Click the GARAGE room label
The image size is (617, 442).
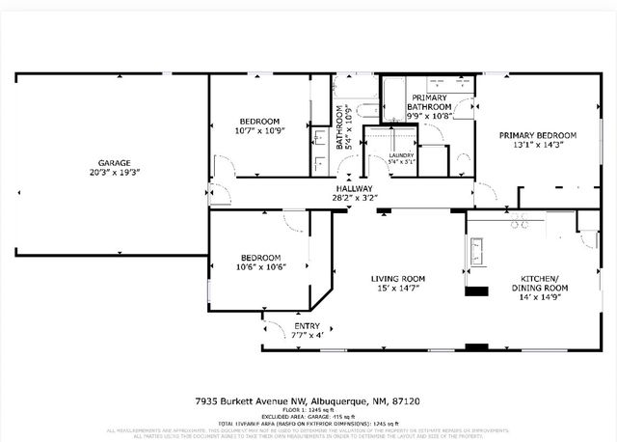[x=114, y=162]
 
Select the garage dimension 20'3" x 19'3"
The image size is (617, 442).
[x=114, y=172]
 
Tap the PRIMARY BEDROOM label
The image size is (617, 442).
[x=537, y=135]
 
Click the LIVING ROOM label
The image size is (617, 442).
[x=398, y=279]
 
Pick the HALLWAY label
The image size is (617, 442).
[x=356, y=188]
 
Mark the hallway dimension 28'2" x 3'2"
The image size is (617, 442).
[x=356, y=198]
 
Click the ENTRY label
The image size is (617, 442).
[x=307, y=326]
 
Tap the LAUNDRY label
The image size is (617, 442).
[x=401, y=154]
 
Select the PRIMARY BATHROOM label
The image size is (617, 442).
[x=429, y=102]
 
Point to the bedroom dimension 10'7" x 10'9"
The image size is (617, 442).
[x=257, y=130]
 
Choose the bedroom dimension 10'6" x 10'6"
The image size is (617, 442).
[x=260, y=267]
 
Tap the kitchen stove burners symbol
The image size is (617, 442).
[x=521, y=224]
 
